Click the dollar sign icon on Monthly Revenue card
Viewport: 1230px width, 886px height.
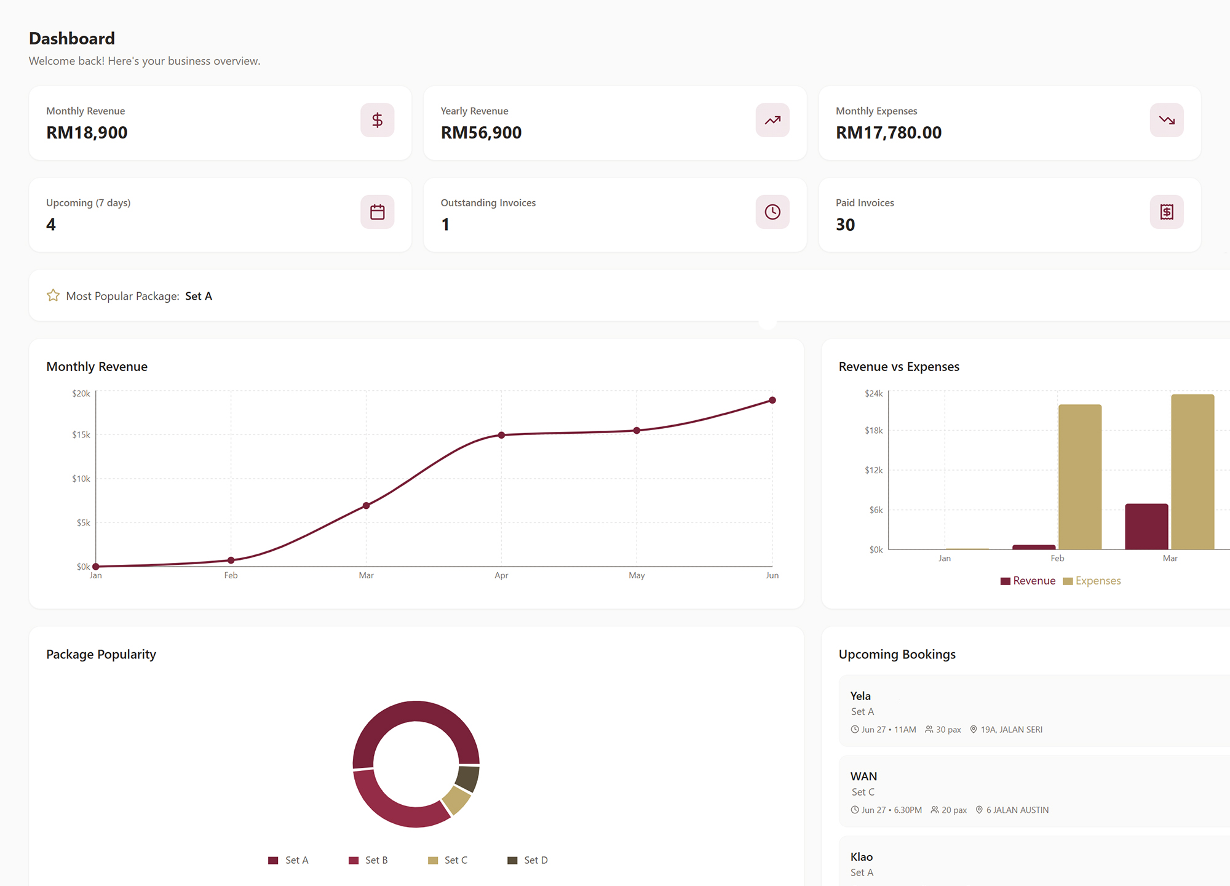(x=378, y=120)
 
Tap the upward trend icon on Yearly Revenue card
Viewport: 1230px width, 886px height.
(x=772, y=120)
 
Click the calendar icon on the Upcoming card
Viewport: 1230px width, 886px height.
(x=378, y=212)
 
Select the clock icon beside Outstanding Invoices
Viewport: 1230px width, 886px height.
(x=772, y=212)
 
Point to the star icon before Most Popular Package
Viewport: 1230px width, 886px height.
(x=54, y=295)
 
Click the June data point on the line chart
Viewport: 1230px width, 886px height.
(x=772, y=401)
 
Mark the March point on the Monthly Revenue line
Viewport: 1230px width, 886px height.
(x=366, y=506)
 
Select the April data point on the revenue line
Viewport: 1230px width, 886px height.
(x=501, y=435)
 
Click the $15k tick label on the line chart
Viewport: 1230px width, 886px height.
(x=81, y=434)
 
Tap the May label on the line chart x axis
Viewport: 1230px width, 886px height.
(x=637, y=575)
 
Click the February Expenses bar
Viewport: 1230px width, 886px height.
(x=1080, y=477)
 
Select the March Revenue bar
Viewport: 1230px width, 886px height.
(x=1146, y=527)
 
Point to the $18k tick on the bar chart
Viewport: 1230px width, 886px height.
(x=874, y=430)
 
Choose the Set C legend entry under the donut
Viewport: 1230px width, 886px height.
(x=448, y=860)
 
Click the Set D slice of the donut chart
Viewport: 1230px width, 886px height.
(x=469, y=778)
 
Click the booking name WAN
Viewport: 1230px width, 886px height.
(x=863, y=776)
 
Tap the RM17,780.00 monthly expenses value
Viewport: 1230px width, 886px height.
(x=889, y=132)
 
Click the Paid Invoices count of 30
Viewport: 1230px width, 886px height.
(x=845, y=225)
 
